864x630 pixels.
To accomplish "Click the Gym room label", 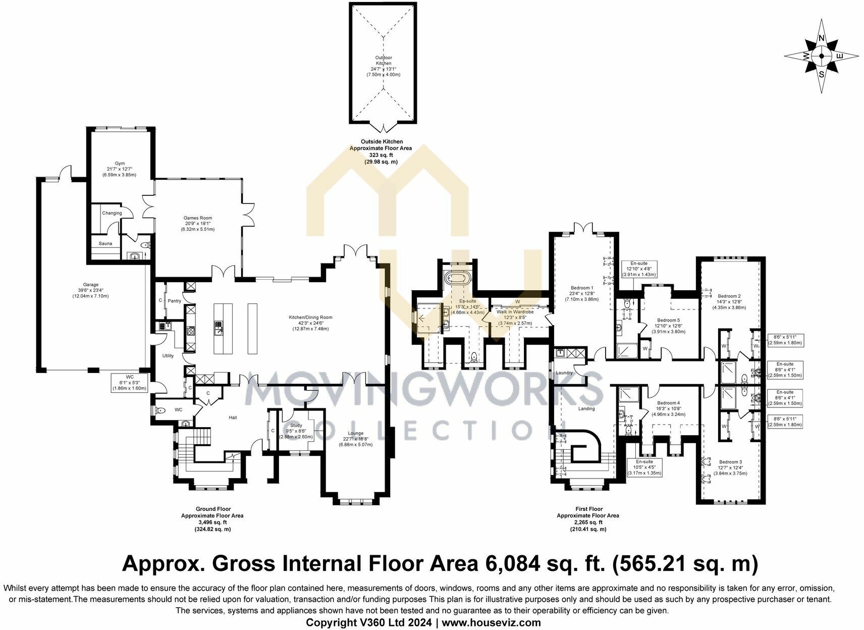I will [119, 164].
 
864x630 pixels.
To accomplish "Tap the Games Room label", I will [197, 218].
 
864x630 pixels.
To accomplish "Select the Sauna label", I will [105, 243].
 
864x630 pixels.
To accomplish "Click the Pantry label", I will [174, 301].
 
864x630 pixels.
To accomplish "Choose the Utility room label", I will [168, 356].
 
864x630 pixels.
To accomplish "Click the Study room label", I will [296, 426].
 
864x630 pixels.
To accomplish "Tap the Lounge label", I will [355, 433].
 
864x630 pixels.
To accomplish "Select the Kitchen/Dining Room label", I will [310, 318].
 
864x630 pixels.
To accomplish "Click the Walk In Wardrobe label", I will [515, 312].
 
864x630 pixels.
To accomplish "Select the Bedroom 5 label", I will [668, 320].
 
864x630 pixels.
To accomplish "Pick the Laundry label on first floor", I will [564, 373].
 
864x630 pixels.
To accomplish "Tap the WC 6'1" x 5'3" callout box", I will [129, 382].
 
